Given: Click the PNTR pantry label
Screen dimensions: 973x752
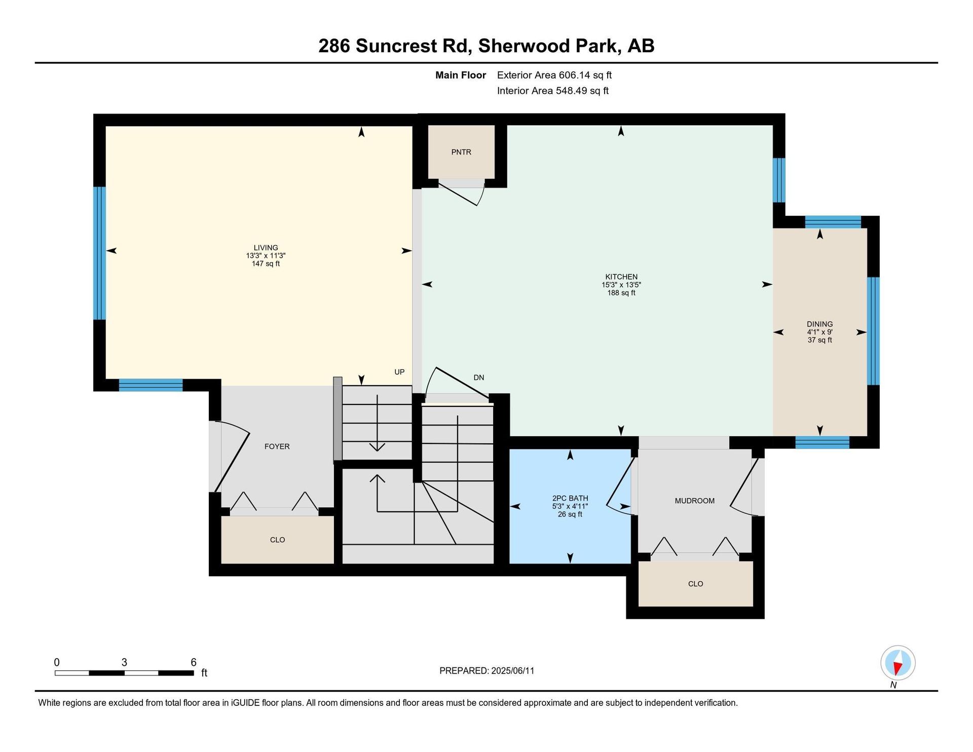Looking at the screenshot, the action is (461, 152).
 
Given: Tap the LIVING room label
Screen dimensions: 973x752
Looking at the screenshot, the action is (266, 248).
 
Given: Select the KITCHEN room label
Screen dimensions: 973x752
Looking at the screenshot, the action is (621, 277).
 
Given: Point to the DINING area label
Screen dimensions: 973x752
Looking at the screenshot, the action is (820, 324).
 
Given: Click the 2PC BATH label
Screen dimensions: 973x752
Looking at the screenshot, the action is (570, 498).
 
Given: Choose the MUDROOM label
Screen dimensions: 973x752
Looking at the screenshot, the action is (695, 501).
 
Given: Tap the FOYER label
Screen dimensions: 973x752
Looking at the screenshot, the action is (277, 446).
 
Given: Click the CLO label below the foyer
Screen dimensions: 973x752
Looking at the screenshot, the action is (278, 540).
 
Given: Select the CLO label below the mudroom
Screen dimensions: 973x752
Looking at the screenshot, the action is (696, 584).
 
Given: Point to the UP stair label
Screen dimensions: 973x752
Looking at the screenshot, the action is (399, 372).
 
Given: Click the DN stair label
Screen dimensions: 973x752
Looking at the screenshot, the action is (479, 378).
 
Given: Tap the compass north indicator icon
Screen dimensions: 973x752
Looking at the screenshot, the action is (897, 663).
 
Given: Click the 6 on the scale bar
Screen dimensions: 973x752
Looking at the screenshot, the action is (194, 662).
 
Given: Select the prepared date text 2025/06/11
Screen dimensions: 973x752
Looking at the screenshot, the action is (513, 671).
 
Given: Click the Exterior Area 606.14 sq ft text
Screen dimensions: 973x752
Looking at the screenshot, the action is (554, 75).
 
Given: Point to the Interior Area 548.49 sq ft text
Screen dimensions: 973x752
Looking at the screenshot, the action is (553, 91).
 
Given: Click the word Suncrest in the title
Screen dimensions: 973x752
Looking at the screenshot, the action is (410, 46).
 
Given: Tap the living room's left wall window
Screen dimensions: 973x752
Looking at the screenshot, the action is (100, 253).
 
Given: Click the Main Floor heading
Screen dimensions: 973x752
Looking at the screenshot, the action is (461, 75).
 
